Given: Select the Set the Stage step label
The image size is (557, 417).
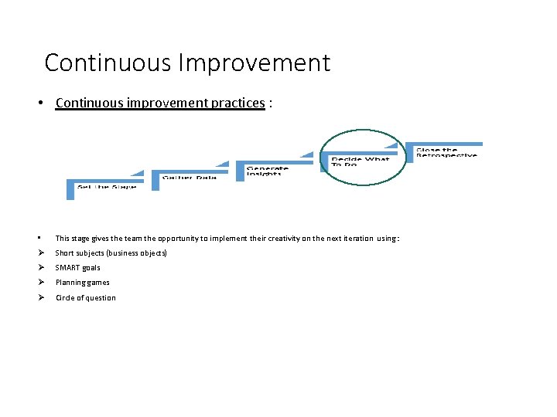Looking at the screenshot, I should (x=106, y=187).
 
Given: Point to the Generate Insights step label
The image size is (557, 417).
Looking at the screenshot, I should (x=268, y=171).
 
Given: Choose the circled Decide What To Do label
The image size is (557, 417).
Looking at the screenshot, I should (x=360, y=161).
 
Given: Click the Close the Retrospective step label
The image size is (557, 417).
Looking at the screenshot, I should (x=446, y=152).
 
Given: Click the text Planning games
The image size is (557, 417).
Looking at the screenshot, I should (x=82, y=283).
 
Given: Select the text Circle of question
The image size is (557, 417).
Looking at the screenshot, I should (x=85, y=298).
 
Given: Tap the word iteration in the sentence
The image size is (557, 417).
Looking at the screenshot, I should (x=355, y=239).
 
